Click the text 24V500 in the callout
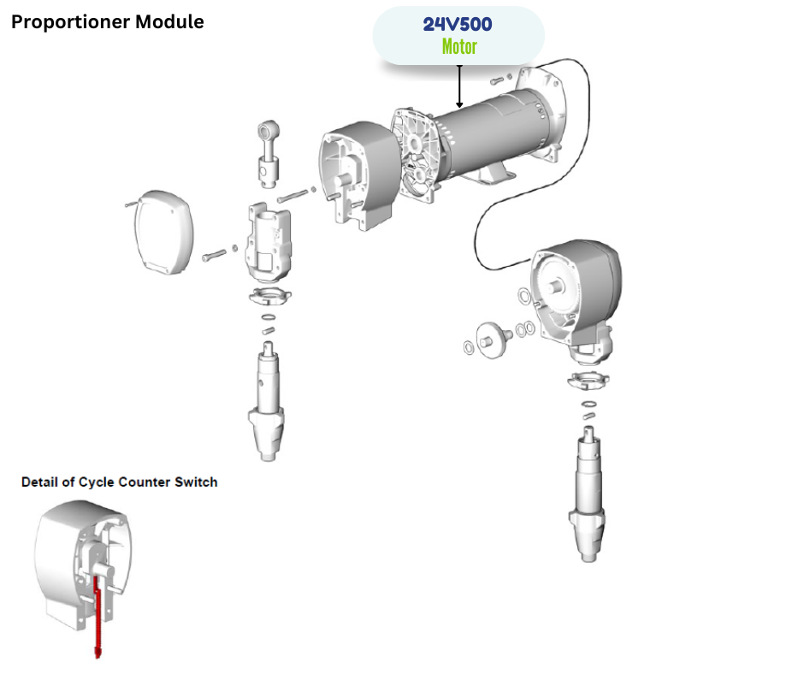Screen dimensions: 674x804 pos(458,24)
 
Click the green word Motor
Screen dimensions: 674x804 pos(458,46)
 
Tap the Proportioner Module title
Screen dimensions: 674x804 pos(107,22)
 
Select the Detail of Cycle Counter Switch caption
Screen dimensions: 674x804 pos(119,482)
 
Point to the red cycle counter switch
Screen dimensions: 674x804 pos(98,616)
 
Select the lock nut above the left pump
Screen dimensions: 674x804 pos(269,298)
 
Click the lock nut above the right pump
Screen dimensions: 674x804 pos(587,381)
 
